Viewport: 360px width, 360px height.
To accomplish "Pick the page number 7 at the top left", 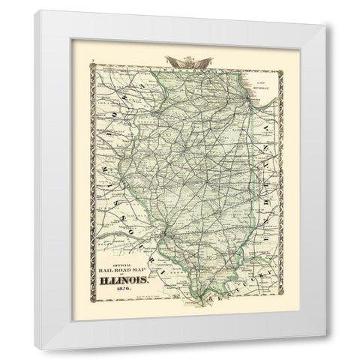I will coord(90,67).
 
